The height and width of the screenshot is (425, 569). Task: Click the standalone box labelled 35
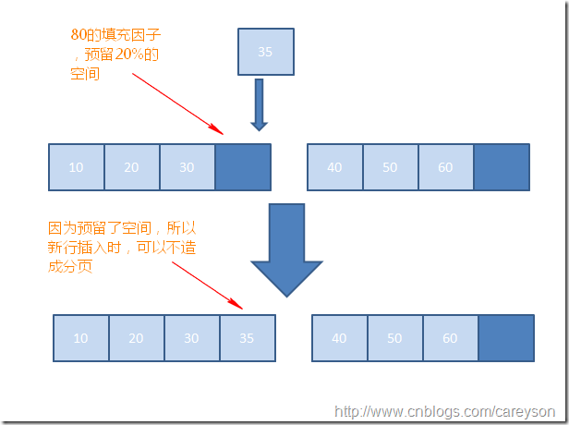[x=266, y=52]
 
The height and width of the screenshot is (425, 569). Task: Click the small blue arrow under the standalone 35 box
[x=260, y=103]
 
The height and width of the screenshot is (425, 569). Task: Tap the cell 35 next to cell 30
[x=247, y=338]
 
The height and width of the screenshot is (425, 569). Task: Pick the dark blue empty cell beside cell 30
[x=242, y=167]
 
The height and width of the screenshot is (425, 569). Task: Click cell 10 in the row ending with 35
[x=81, y=338]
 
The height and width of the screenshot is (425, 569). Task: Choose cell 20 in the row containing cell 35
[x=137, y=338]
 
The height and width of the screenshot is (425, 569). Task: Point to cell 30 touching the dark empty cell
[x=187, y=167]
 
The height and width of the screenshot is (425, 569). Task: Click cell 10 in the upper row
[x=76, y=167]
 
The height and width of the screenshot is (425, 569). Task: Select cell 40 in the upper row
[x=334, y=167]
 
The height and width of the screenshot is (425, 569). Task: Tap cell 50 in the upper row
[x=390, y=167]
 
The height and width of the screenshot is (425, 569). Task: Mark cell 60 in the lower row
[x=450, y=338]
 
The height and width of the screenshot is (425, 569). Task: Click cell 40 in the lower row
[x=339, y=338]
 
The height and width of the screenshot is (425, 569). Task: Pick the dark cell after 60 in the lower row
[x=505, y=338]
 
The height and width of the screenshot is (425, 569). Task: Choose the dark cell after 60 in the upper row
[x=501, y=167]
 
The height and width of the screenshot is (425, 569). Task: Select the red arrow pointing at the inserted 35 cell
[x=208, y=284]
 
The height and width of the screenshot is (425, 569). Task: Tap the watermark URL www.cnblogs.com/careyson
[x=445, y=412]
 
